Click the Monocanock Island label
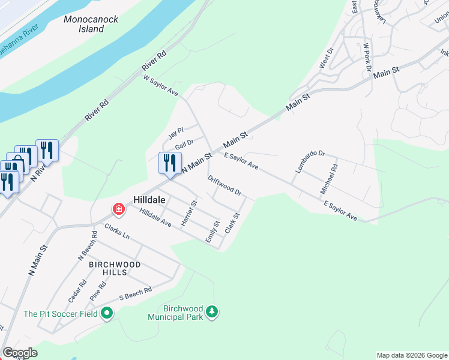91,24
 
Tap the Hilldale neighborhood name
149,200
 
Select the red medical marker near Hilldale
119,209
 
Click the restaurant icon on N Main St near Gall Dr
170,162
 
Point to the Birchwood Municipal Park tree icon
211,311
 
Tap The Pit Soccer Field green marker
107,313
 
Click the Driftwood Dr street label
224,186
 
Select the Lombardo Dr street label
309,161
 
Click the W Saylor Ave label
160,85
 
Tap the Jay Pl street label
175,130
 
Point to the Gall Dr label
184,145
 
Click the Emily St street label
211,232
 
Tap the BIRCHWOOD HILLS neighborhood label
115,268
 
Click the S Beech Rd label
135,293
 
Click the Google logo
20,353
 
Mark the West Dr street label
326,59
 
